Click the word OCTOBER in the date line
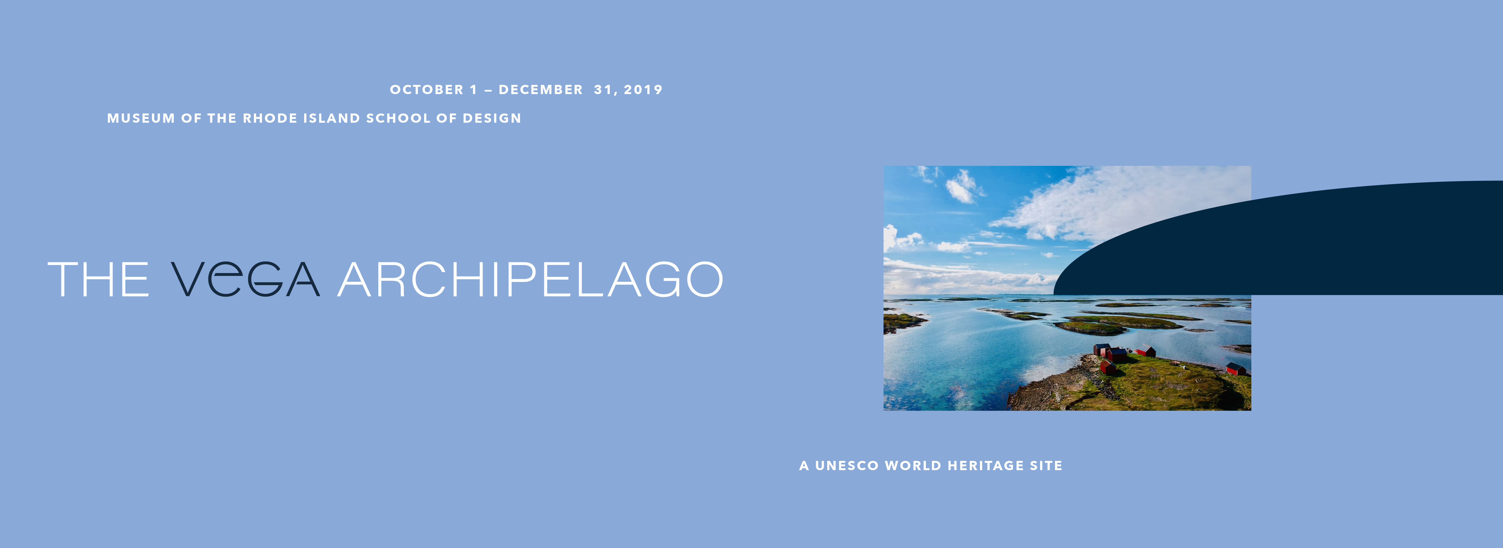(427, 90)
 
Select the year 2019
(643, 90)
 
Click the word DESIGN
(492, 118)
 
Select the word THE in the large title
(98, 279)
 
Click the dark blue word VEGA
(245, 279)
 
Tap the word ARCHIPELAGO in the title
(530, 279)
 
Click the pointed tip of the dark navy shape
(1054, 293)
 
